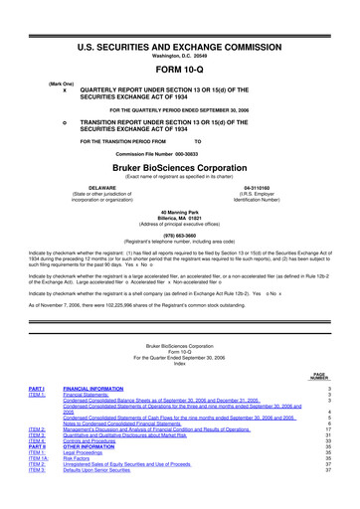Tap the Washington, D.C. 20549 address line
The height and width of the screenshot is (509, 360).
tap(180, 29)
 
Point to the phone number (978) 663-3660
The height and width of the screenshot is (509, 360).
tap(180, 235)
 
